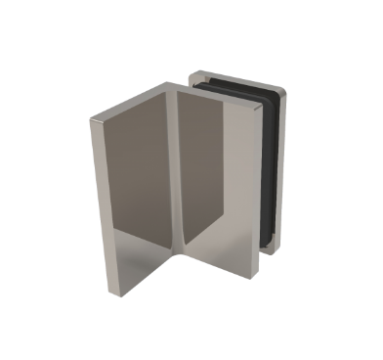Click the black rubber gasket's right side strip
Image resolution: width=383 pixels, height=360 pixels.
283,166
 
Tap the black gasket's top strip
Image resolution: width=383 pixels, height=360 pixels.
239,85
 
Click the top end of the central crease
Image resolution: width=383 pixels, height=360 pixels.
176,94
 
